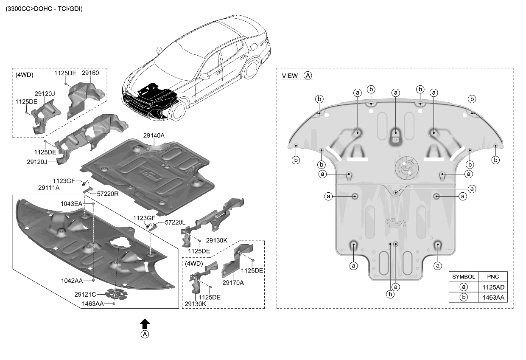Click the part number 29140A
[154, 136]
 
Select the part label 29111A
[49, 187]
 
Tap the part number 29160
[90, 73]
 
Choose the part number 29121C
[85, 294]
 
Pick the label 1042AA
[72, 281]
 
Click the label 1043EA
[72, 204]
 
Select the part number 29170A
[233, 282]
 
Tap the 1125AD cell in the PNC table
[492, 287]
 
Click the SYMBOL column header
[464, 276]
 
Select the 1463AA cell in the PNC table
[492, 297]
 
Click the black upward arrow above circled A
[145, 323]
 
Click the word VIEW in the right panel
[290, 76]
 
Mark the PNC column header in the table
[492, 276]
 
